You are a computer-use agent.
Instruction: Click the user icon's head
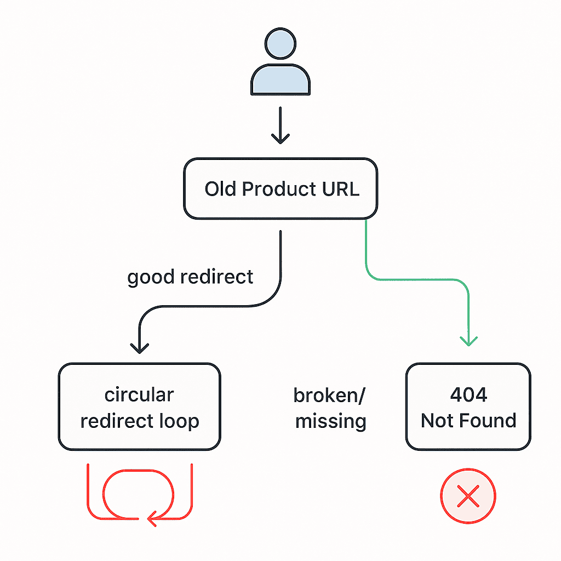[x=280, y=43]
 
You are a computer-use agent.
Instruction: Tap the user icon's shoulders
[x=280, y=79]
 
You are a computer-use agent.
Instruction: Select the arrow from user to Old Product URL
[x=280, y=125]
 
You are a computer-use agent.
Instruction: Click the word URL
[x=340, y=189]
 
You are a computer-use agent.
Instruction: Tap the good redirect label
[x=190, y=277]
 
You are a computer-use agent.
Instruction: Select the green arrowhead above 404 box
[x=469, y=341]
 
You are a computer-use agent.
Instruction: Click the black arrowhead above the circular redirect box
[x=140, y=348]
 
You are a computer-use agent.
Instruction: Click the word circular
[x=139, y=394]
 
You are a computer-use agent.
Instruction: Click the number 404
[x=469, y=394]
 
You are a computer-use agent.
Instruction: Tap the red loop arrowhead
[x=152, y=518]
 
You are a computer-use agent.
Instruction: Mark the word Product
[x=279, y=189]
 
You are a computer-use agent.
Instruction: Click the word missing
[x=331, y=421]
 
